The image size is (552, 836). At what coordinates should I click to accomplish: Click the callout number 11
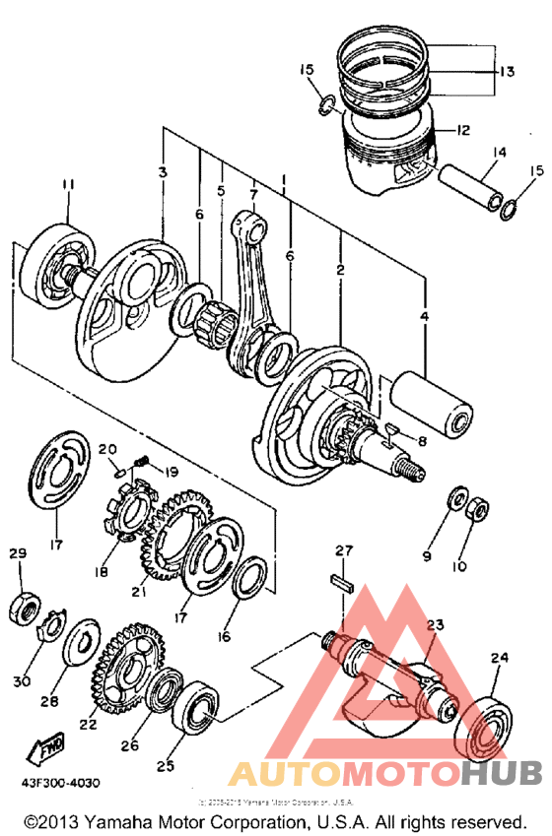67,184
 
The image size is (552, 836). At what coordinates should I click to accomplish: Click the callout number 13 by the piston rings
506,71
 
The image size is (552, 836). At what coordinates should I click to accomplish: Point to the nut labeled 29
24,603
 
